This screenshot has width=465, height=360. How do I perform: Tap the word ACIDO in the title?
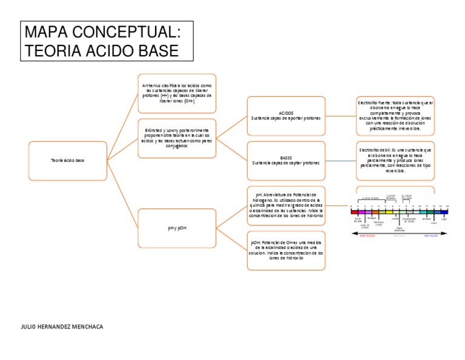tap(102, 50)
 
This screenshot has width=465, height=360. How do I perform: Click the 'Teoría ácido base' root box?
tap(68, 160)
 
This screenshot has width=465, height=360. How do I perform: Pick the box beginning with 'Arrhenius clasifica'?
tap(177, 93)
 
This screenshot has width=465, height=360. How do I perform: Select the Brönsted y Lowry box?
tap(177, 138)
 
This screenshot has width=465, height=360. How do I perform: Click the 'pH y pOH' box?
tap(177, 228)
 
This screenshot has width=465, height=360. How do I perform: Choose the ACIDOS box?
tap(286, 116)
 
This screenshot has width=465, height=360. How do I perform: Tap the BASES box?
tap(286, 161)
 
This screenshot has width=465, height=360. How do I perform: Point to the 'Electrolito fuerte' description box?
tap(395, 116)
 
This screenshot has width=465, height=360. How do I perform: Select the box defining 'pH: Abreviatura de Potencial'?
tap(286, 205)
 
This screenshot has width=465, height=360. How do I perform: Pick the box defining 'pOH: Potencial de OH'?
tap(286, 250)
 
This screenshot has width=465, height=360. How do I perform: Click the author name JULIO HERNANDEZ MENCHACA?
tap(62, 327)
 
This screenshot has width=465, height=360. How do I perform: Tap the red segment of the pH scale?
tap(354, 212)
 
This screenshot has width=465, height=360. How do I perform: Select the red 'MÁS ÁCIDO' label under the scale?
tap(368, 235)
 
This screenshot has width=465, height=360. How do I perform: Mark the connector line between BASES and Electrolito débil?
tap(341, 161)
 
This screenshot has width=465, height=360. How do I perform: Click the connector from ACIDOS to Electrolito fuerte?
tap(341, 116)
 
